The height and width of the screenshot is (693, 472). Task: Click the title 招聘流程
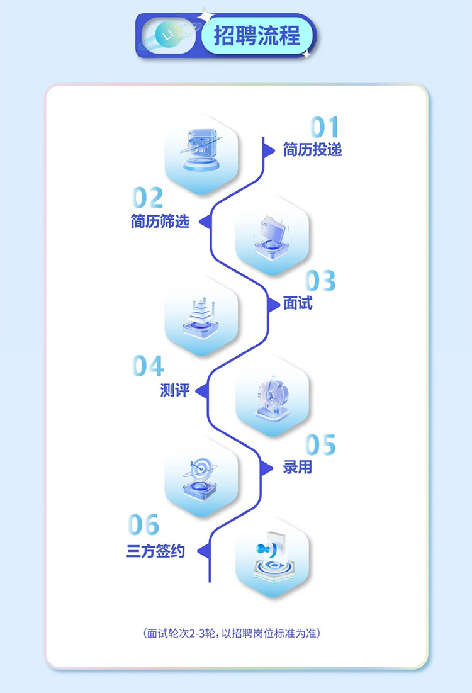(257, 35)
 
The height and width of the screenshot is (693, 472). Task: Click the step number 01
(325, 127)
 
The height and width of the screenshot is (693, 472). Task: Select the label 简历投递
(312, 150)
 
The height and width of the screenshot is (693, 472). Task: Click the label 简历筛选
(160, 221)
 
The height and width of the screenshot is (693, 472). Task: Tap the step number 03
(320, 281)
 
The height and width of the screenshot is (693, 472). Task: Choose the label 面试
(298, 303)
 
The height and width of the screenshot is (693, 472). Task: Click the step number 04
(148, 366)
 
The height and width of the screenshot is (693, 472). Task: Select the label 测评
(174, 390)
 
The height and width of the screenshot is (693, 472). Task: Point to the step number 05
(320, 444)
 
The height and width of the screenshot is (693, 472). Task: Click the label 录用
(298, 467)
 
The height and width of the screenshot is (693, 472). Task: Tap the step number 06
(143, 524)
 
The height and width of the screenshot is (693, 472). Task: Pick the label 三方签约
(155, 551)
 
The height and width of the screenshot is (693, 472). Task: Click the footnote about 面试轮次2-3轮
(232, 633)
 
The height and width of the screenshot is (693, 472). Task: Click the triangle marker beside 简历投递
(268, 150)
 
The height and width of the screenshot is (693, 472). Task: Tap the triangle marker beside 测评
(203, 391)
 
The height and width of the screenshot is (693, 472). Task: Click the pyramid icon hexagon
(201, 315)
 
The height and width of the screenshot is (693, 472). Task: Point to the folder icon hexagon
(273, 235)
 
